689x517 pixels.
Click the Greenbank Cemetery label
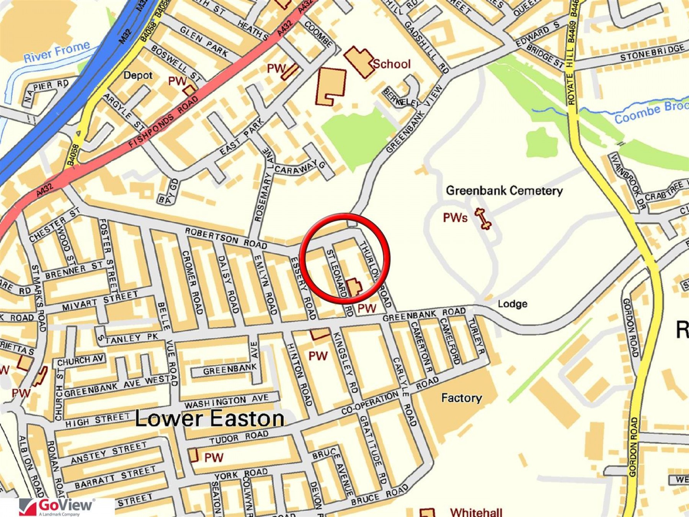(x=504, y=190)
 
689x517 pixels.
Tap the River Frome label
(x=57, y=52)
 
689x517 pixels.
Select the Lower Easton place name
(x=210, y=418)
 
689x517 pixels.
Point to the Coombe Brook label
(x=651, y=112)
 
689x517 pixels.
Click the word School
(x=391, y=64)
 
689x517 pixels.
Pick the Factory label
(x=461, y=398)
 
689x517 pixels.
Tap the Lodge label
(x=512, y=304)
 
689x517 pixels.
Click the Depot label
(x=138, y=75)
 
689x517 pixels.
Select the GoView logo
(x=57, y=507)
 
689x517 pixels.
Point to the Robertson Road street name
(x=226, y=238)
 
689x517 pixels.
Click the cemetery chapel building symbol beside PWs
(x=483, y=218)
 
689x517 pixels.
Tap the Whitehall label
(x=476, y=512)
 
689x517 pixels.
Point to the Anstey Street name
(x=109, y=452)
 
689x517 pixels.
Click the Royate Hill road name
(x=570, y=80)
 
